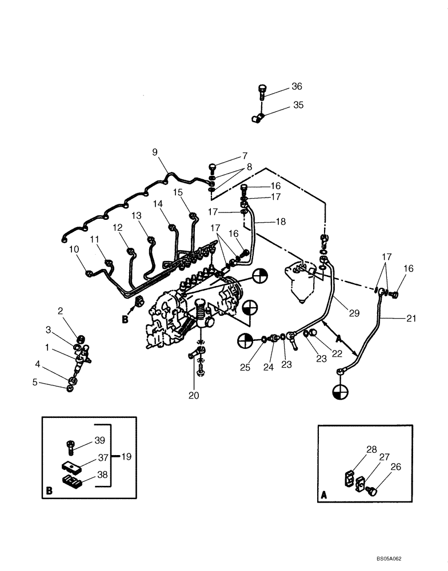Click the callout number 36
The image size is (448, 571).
point(297,87)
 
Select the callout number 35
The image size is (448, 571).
point(298,105)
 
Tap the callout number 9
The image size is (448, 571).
point(154,152)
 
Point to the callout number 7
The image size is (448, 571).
point(245,155)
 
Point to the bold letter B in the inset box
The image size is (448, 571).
point(49,490)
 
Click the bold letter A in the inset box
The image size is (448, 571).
point(325,496)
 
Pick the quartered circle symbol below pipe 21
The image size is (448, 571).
point(339,393)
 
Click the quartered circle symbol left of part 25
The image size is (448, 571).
point(245,340)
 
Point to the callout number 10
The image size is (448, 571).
point(74,249)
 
